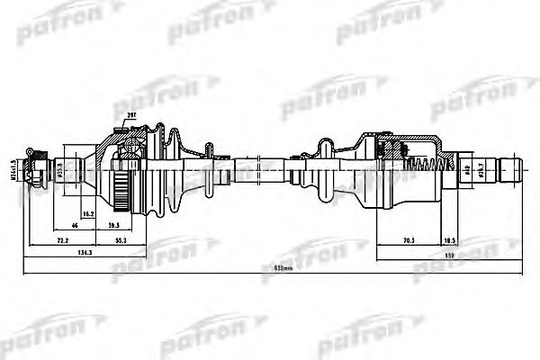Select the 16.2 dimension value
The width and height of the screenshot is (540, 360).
tap(88, 213)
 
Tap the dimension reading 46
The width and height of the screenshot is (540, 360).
tap(76, 227)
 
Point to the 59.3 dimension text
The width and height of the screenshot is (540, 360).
tap(114, 227)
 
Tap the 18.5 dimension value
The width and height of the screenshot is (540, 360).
tap(448, 242)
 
